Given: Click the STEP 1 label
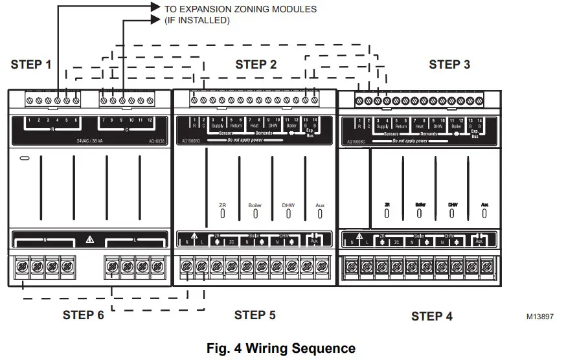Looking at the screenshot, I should [31, 65].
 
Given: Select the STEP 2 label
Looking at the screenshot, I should [256, 64].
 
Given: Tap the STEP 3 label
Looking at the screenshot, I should [449, 65].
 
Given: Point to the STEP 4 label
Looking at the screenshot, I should [432, 316].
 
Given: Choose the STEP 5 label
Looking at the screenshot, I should [255, 315].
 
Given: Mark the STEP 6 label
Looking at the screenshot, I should [83, 315].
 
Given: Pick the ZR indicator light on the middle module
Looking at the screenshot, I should [222, 213].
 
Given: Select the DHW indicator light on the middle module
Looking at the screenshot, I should [288, 213].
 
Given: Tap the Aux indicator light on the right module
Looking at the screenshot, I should [484, 212].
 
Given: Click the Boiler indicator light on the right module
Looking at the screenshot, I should [420, 212].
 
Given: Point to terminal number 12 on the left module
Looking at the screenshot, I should [150, 121].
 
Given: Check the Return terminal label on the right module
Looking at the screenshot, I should [401, 126].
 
